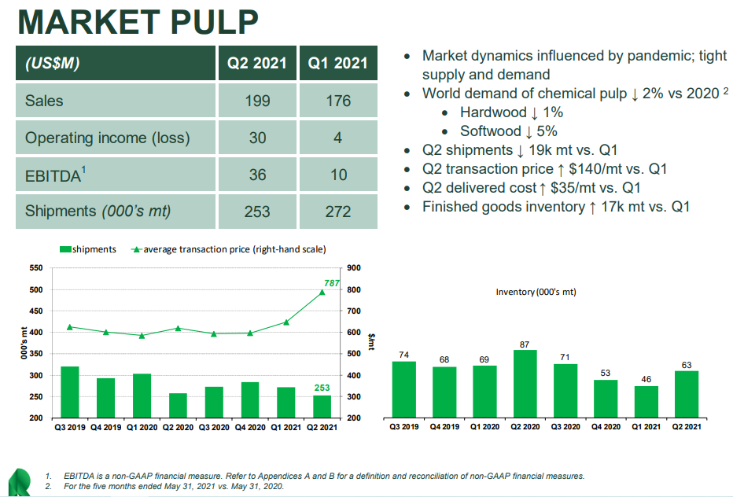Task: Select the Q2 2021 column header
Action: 257,63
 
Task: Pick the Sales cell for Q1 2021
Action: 338,101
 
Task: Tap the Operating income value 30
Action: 257,138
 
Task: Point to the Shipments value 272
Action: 338,212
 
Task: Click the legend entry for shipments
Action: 88,249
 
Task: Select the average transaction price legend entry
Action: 228,249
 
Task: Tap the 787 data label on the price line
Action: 331,282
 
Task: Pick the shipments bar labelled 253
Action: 322,406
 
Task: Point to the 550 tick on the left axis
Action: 36,269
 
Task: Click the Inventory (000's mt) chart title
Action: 535,292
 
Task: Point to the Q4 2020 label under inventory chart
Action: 606,427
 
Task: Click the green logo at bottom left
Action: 17,482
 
